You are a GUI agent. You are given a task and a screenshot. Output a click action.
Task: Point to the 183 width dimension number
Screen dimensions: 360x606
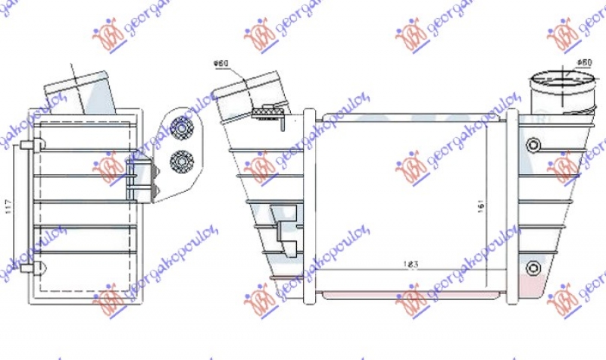pos(410,264)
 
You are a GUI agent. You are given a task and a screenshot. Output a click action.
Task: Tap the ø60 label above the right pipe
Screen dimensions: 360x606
pos(583,62)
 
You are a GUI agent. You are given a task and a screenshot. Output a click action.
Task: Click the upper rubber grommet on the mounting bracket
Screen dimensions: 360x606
pos(181,128)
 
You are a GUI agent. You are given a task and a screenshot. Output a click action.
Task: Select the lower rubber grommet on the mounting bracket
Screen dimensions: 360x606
pos(181,159)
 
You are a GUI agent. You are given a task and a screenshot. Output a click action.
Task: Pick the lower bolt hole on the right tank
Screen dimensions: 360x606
pos(534,266)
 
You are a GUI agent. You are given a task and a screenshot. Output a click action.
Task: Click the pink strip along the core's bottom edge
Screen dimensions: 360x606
pos(409,292)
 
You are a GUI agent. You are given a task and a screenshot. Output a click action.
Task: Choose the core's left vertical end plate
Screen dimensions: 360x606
pos(308,205)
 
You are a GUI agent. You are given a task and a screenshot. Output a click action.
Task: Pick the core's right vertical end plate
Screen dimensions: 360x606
pos(511,205)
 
